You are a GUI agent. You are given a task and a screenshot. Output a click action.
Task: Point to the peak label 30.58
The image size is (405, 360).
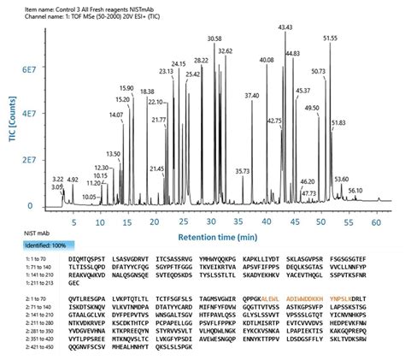pos(214,39)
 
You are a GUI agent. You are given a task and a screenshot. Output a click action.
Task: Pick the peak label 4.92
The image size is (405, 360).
pos(73,180)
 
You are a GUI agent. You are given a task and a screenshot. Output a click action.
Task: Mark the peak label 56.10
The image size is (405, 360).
pos(355,191)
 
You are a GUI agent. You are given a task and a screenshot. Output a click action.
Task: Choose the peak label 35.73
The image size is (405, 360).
pos(243,171)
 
